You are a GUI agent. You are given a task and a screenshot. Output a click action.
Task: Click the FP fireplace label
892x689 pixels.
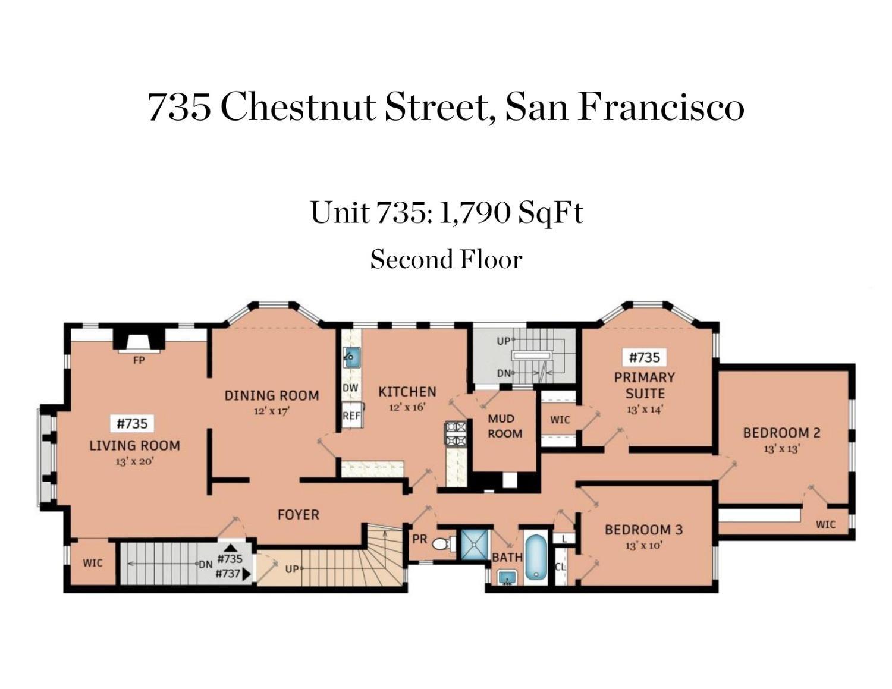[139, 361]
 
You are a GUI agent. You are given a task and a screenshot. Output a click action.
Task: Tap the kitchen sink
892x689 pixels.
[352, 357]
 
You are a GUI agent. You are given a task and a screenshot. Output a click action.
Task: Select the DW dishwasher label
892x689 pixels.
[351, 388]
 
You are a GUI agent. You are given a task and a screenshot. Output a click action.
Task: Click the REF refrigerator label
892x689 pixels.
[351, 416]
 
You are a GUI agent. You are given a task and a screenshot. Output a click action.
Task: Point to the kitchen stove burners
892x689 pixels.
[456, 435]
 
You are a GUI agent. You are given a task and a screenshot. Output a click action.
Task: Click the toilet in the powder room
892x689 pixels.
[444, 545]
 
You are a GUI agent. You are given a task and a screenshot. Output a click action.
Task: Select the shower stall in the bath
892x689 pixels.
[475, 545]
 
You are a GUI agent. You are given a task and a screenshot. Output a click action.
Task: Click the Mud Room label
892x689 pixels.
[505, 426]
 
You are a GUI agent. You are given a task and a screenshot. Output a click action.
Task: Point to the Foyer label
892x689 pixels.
[299, 515]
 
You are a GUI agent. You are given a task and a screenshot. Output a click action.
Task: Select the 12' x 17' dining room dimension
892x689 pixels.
[272, 411]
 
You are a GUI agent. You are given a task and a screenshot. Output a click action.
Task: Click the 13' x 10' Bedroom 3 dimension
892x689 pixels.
[644, 545]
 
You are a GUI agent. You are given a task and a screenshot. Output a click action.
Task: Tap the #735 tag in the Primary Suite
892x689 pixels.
[645, 357]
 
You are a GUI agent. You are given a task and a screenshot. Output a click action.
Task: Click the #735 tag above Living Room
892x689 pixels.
[132, 423]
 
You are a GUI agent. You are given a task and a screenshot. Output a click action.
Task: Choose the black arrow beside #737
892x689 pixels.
[246, 574]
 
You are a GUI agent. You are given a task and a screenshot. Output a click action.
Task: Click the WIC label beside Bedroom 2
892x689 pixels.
[825, 524]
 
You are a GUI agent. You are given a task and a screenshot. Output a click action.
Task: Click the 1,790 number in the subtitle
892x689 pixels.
[474, 213]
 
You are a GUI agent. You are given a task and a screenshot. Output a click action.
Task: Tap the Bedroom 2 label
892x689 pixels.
[782, 433]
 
